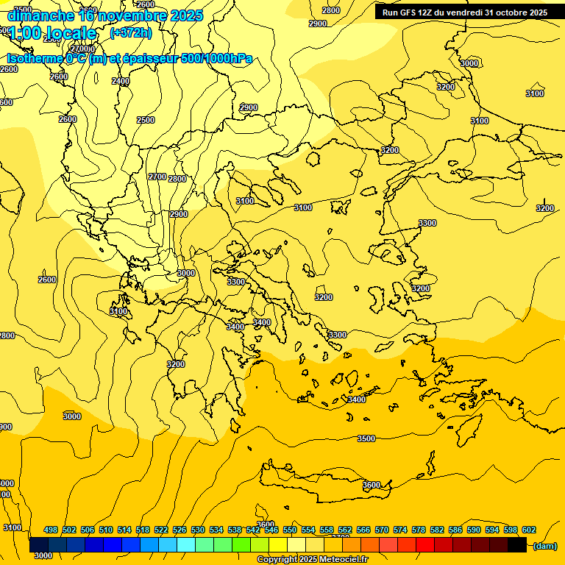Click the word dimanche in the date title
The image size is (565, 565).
(x=40, y=15)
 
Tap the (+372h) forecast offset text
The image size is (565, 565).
(x=130, y=33)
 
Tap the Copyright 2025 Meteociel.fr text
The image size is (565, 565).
(x=312, y=560)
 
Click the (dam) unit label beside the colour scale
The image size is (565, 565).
(x=544, y=546)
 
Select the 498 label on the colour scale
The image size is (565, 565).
(x=51, y=530)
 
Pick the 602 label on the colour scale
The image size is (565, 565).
(x=529, y=530)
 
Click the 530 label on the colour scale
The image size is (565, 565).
(x=198, y=530)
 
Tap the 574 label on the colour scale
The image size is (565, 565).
(x=400, y=530)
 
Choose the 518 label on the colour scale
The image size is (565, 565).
(x=143, y=530)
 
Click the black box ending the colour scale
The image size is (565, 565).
(x=517, y=545)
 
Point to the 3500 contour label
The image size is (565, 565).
(x=366, y=438)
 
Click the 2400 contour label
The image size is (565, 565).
(x=121, y=81)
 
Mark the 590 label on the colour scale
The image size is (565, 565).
(x=474, y=530)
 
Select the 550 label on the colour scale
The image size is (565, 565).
(x=290, y=530)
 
